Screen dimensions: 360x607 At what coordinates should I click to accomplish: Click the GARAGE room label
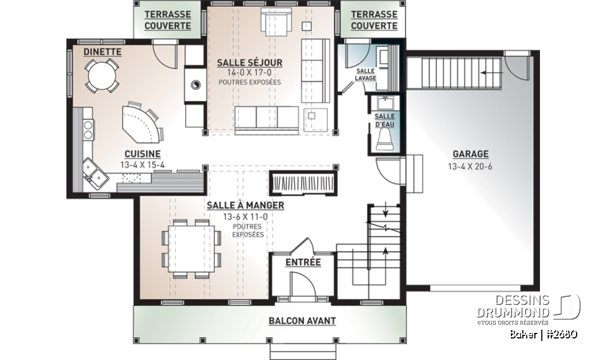pyautogui.click(x=470, y=154)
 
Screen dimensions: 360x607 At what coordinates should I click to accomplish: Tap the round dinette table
pyautogui.click(x=102, y=75)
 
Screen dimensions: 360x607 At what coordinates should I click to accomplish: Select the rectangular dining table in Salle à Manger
pyautogui.click(x=192, y=249)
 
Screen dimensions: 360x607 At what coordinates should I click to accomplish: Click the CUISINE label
pyautogui.click(x=142, y=154)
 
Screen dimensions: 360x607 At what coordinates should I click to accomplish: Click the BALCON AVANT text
pyautogui.click(x=302, y=321)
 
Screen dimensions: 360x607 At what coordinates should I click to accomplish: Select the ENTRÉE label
pyautogui.click(x=303, y=262)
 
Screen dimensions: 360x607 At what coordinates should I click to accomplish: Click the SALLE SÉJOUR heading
pyautogui.click(x=249, y=63)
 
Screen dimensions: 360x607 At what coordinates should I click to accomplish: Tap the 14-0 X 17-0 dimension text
pyautogui.click(x=249, y=73)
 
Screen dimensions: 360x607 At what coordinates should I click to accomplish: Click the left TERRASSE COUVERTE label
pyautogui.click(x=168, y=20)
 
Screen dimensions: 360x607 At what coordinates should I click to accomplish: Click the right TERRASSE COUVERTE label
pyautogui.click(x=374, y=20)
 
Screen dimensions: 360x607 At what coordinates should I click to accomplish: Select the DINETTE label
pyautogui.click(x=102, y=51)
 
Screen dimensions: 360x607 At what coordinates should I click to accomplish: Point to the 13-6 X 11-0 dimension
pyautogui.click(x=244, y=216)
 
